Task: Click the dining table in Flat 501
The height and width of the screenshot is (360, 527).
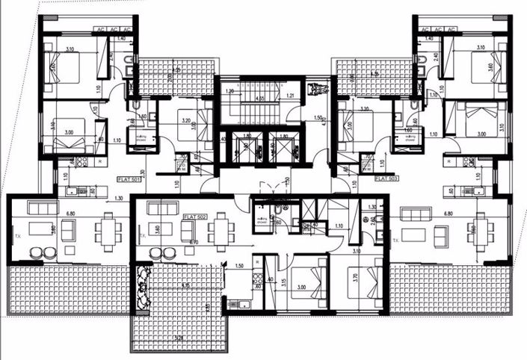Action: point(110,228)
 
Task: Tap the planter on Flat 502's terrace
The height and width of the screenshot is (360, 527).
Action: point(139,288)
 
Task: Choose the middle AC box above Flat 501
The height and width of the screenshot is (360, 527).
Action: point(111,29)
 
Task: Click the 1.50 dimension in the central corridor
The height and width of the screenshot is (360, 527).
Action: point(318,117)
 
